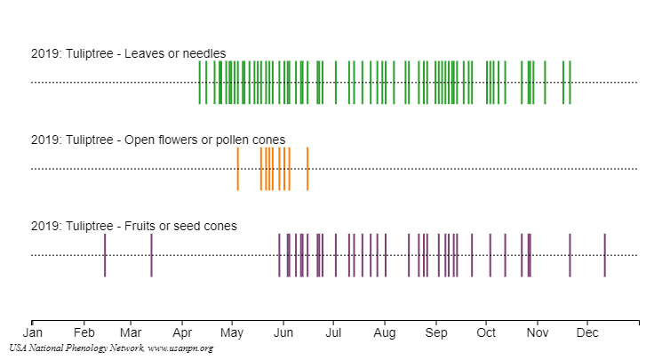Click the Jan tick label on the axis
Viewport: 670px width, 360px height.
click(32, 334)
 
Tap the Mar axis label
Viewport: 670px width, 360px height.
click(131, 334)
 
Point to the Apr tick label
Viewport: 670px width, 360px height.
click(182, 334)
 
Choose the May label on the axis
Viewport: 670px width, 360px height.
click(232, 334)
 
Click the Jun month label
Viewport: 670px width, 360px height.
click(283, 334)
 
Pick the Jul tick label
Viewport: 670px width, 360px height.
click(333, 334)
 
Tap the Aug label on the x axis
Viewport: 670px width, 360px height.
click(385, 334)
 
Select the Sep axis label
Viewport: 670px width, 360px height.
click(436, 334)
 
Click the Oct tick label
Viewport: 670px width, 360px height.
click(486, 334)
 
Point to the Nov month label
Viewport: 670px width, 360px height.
click(537, 334)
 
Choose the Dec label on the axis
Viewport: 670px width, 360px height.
click(586, 334)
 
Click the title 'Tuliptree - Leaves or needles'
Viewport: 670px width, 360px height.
click(128, 53)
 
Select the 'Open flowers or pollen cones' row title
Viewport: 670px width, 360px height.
click(158, 140)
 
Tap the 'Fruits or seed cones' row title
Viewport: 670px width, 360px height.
click(133, 226)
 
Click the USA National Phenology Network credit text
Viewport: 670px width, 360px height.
click(112, 348)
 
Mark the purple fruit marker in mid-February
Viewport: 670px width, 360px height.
click(105, 255)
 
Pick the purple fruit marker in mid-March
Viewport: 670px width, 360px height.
click(151, 255)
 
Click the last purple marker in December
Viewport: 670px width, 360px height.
click(605, 255)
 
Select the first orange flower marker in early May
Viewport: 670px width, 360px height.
click(237, 169)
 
